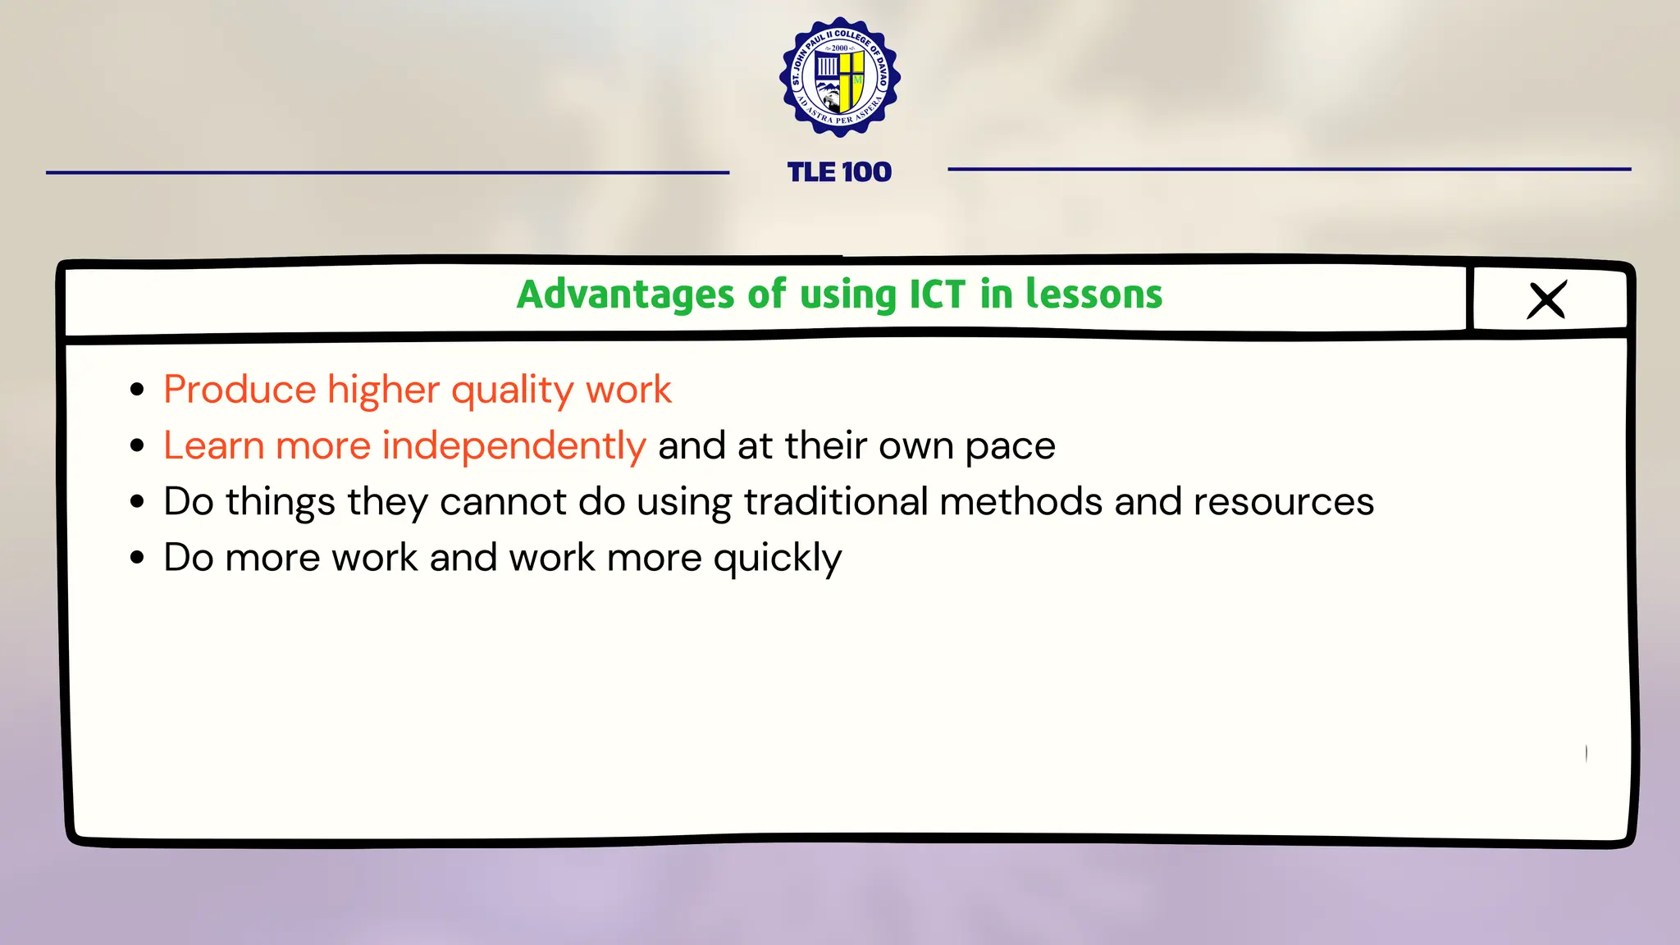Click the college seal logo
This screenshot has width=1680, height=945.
[840, 77]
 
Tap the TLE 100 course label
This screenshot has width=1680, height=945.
[839, 172]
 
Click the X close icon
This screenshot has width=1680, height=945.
[1547, 300]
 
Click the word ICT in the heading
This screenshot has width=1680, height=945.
[937, 294]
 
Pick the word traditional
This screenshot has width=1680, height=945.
[836, 502]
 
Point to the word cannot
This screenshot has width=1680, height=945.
[503, 502]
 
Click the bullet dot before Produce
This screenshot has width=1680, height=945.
[137, 390]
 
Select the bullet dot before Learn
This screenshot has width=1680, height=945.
[137, 445]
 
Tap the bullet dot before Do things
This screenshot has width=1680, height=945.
[137, 501]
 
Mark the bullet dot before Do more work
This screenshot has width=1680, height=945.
[137, 557]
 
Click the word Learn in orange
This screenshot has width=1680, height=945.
[213, 445]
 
